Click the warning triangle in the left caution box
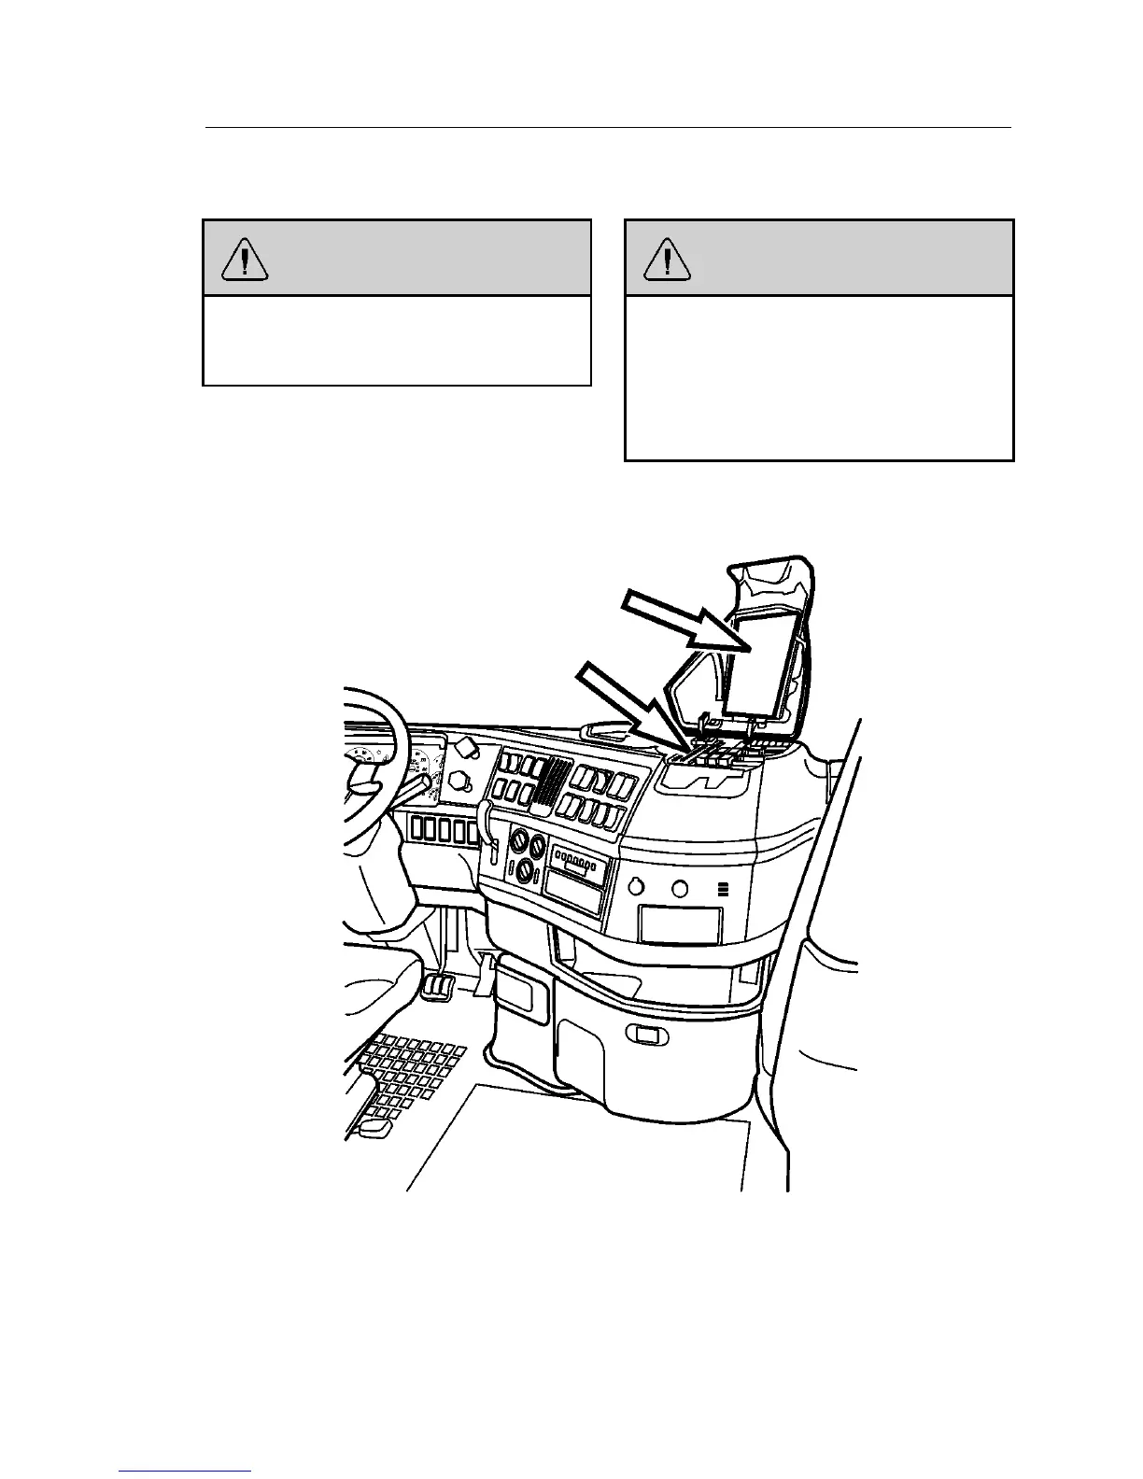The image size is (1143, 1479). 245,260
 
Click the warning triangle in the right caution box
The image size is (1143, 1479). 667,260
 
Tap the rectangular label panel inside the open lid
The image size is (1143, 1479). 761,659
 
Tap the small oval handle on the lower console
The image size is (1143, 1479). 642,1034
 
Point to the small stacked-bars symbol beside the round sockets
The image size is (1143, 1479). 722,889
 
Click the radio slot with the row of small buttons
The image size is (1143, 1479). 579,858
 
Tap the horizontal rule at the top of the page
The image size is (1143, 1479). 607,127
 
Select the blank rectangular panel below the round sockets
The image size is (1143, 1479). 680,924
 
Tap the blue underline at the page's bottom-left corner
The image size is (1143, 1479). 185,1472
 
